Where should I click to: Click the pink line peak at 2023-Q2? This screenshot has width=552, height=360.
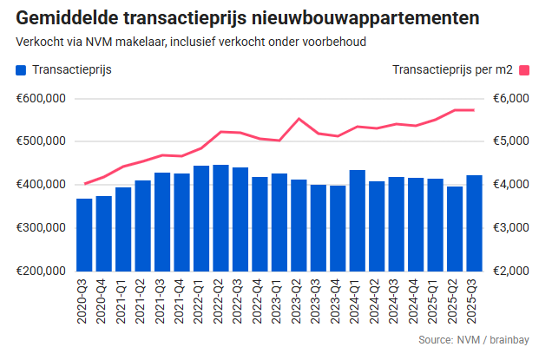pos(299,119)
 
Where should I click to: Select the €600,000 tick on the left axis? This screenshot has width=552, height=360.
pos(41,98)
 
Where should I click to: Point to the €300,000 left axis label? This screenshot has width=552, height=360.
pos(41,228)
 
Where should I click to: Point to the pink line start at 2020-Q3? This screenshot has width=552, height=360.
pos(84,184)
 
